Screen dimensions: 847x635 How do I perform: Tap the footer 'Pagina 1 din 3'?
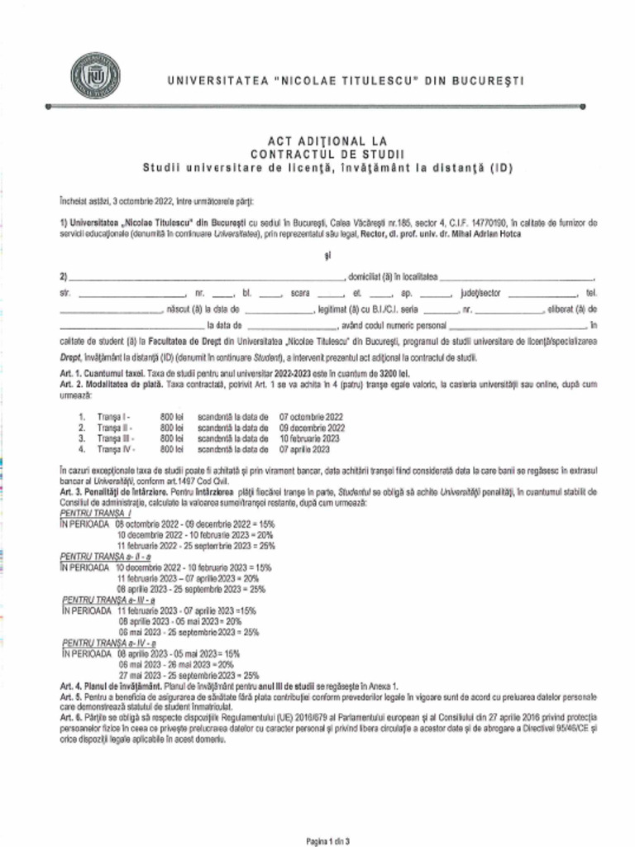click(x=327, y=840)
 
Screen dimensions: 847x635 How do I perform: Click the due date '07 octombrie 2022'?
click(x=312, y=417)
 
